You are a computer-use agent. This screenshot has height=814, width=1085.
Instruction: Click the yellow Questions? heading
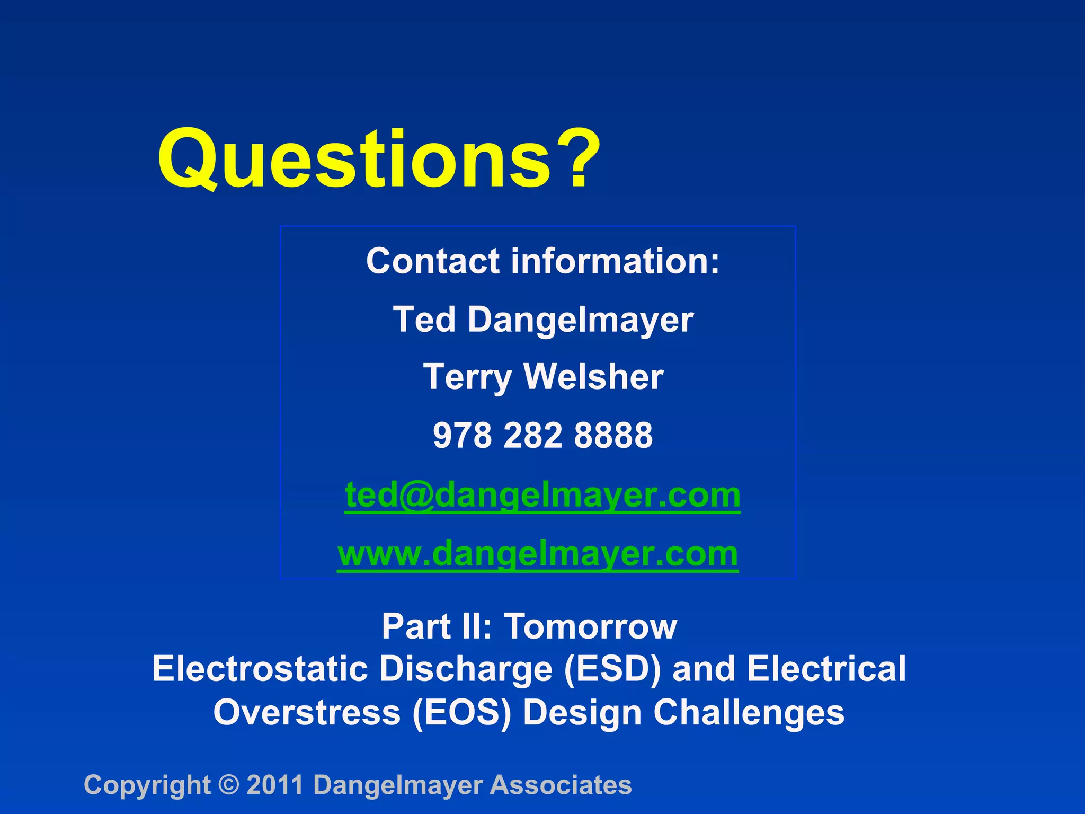point(379,159)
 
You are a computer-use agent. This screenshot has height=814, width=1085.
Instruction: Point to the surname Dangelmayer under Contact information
point(580,321)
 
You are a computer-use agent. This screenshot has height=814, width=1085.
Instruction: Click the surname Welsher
point(593,377)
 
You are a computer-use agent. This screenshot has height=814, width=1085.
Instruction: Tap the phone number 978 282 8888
point(542,435)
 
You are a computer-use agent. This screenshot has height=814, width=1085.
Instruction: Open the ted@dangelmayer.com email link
point(542,495)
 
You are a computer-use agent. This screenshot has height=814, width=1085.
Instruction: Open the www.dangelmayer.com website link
point(538,554)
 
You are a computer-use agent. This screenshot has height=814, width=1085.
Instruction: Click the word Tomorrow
point(590,626)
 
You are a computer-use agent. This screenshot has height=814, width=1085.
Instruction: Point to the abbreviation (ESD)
point(612,669)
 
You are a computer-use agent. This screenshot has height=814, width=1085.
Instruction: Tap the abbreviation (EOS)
point(461,712)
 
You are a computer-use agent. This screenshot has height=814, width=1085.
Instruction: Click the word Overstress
point(307,712)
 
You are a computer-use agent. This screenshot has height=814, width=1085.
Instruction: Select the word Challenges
point(749,712)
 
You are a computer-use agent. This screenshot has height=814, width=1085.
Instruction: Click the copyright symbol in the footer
point(229,785)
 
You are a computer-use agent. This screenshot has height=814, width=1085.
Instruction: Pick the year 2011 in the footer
point(275,785)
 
